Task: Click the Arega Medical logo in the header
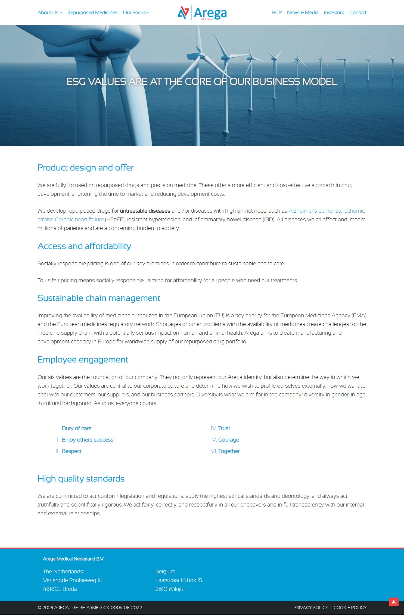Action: [202, 13]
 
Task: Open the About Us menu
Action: [49, 13]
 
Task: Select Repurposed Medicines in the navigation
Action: [92, 13]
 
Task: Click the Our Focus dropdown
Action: [136, 13]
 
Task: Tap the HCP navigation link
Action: [276, 13]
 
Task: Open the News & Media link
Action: [302, 13]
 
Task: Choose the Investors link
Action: [334, 13]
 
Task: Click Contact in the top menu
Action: [358, 13]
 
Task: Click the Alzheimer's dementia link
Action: [315, 211]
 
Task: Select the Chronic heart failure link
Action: [79, 219]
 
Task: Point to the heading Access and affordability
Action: [84, 246]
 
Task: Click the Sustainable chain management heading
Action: [99, 298]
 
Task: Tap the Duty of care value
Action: [76, 428]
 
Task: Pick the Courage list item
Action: [228, 440]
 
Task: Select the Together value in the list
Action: [229, 451]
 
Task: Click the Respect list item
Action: [72, 451]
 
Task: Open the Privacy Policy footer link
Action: [310, 607]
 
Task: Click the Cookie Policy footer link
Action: [350, 607]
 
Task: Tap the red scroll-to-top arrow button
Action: [393, 602]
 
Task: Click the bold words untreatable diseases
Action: [145, 211]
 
